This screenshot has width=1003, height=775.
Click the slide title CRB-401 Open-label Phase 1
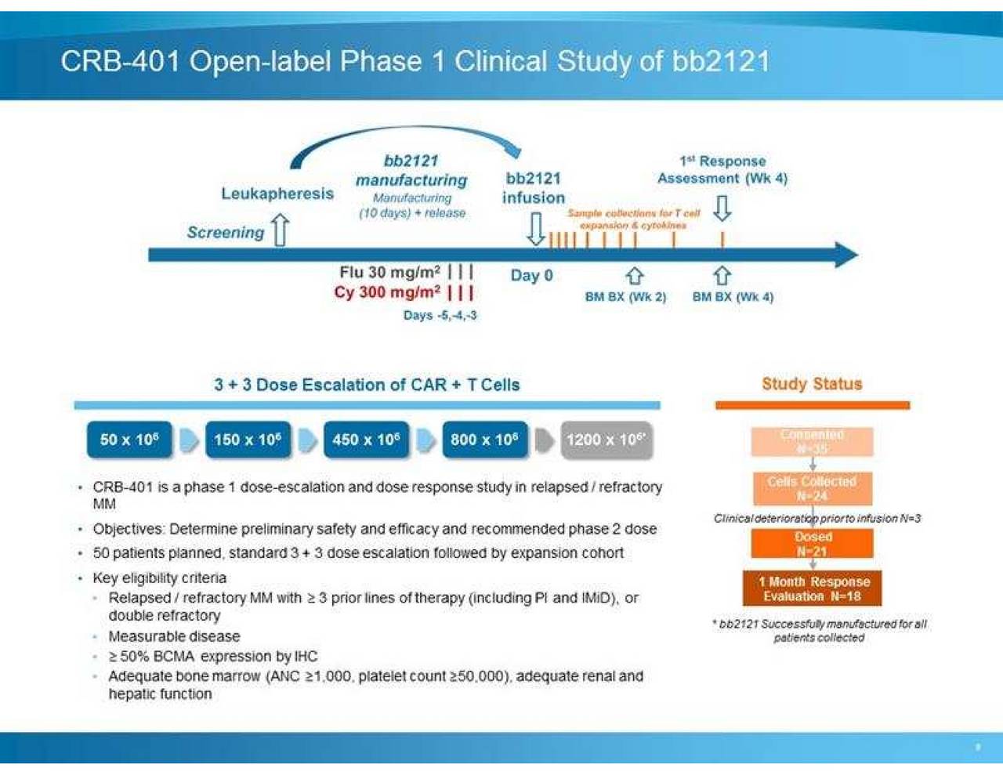pyautogui.click(x=415, y=61)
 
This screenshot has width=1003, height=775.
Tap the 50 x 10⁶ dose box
pyautogui.click(x=129, y=440)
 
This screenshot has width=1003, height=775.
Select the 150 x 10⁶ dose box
pyautogui.click(x=248, y=440)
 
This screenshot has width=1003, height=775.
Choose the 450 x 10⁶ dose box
pyautogui.click(x=366, y=440)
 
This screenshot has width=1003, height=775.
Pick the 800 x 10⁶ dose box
pyautogui.click(x=484, y=440)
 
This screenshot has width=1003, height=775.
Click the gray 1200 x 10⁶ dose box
pyautogui.click(x=606, y=440)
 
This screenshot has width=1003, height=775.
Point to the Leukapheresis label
pyautogui.click(x=277, y=194)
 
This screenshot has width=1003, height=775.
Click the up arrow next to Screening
pyautogui.click(x=280, y=230)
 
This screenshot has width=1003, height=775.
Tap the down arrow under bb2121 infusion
pyautogui.click(x=535, y=228)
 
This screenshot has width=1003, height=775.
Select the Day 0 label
pyautogui.click(x=531, y=276)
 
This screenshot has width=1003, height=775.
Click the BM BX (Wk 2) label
pyautogui.click(x=625, y=297)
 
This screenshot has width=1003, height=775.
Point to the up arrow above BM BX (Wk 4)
pyautogui.click(x=722, y=276)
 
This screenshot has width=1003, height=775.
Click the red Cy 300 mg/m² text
pyautogui.click(x=387, y=292)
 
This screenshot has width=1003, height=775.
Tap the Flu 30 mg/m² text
pyautogui.click(x=389, y=272)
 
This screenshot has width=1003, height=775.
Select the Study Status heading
pyautogui.click(x=812, y=384)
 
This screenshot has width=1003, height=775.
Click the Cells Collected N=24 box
pyautogui.click(x=812, y=488)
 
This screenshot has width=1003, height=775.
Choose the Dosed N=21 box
pyautogui.click(x=812, y=544)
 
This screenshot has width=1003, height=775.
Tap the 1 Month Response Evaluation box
pyautogui.click(x=813, y=588)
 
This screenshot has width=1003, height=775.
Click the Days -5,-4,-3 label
pyautogui.click(x=440, y=315)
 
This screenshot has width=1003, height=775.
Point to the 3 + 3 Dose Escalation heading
pyautogui.click(x=367, y=385)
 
